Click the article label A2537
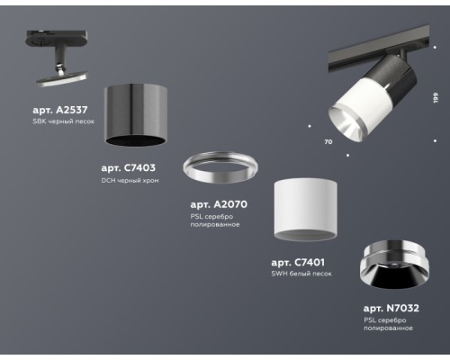62,110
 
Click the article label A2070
219,204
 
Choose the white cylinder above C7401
305,208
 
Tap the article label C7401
301,262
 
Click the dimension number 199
434,96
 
